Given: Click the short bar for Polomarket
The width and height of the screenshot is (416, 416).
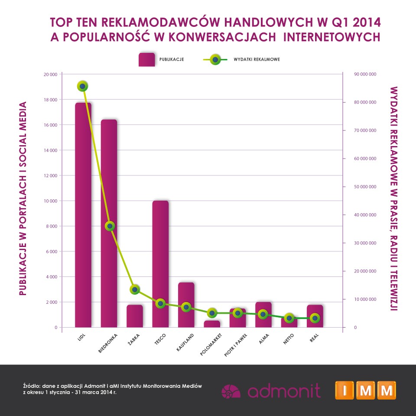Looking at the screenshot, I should point(212,324).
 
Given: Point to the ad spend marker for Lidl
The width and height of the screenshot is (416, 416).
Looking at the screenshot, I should point(82,86).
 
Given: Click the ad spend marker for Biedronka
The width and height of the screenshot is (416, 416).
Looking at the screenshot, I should point(110,226).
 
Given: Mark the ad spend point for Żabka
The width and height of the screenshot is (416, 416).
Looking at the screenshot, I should point(135,289).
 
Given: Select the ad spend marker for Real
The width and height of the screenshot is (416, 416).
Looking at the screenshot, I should point(315,318).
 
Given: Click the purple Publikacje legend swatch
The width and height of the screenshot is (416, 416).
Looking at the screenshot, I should point(146,59).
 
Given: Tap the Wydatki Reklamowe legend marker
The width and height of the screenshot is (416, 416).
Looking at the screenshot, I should point(214,59).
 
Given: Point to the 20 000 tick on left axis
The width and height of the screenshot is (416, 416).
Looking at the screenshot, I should point(50,75).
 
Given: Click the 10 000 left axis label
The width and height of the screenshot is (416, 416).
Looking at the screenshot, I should point(50,201).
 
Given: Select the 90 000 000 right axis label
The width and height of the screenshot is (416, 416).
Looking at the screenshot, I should point(365,75).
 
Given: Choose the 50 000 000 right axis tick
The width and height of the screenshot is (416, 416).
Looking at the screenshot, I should point(365,187).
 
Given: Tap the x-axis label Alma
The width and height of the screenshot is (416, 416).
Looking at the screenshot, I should point(263,339).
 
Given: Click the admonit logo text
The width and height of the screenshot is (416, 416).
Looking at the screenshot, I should point(284,390).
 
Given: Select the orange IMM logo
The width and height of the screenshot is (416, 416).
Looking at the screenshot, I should point(365,390).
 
